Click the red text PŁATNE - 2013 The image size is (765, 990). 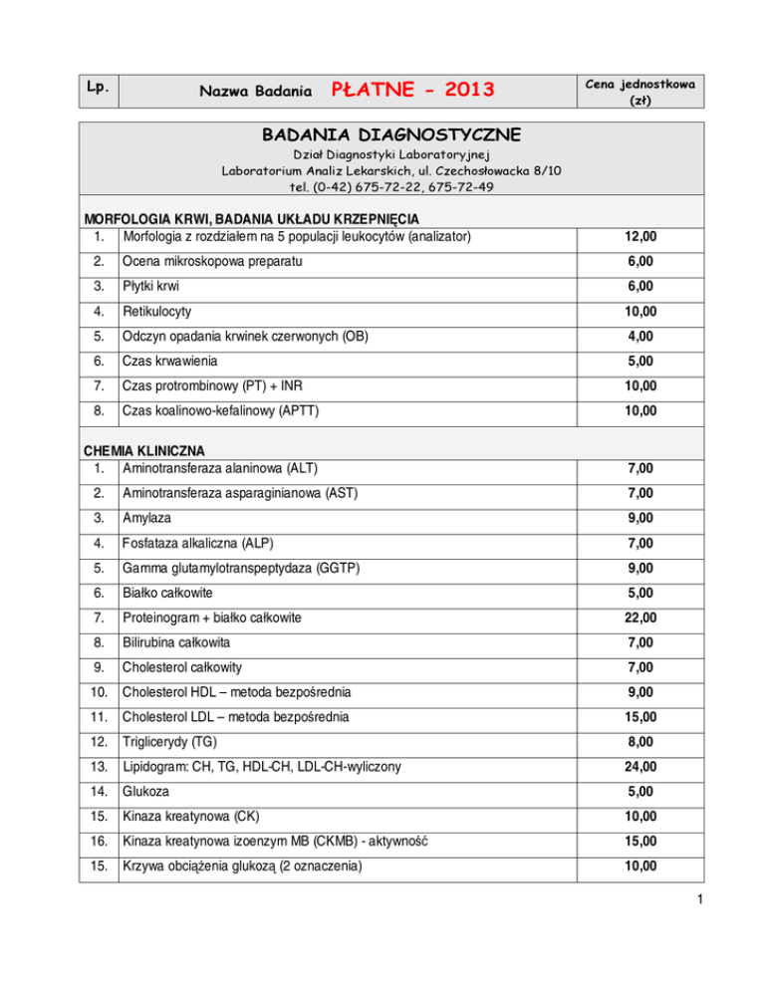click(x=412, y=91)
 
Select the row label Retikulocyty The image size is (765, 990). click(x=157, y=312)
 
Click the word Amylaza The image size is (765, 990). click(x=146, y=517)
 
